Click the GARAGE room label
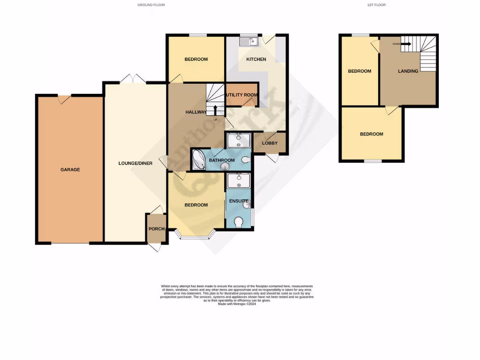tap(70, 170)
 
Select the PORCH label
tap(156, 229)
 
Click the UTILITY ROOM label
tap(241, 95)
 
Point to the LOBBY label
tap(270, 143)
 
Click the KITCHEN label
tap(256, 60)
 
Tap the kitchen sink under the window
tap(247, 42)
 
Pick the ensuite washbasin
tap(247, 203)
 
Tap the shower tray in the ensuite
tap(238, 180)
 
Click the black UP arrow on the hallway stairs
tap(215, 110)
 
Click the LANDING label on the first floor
tap(408, 71)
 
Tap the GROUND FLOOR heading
tap(151, 5)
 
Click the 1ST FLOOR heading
tap(377, 5)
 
